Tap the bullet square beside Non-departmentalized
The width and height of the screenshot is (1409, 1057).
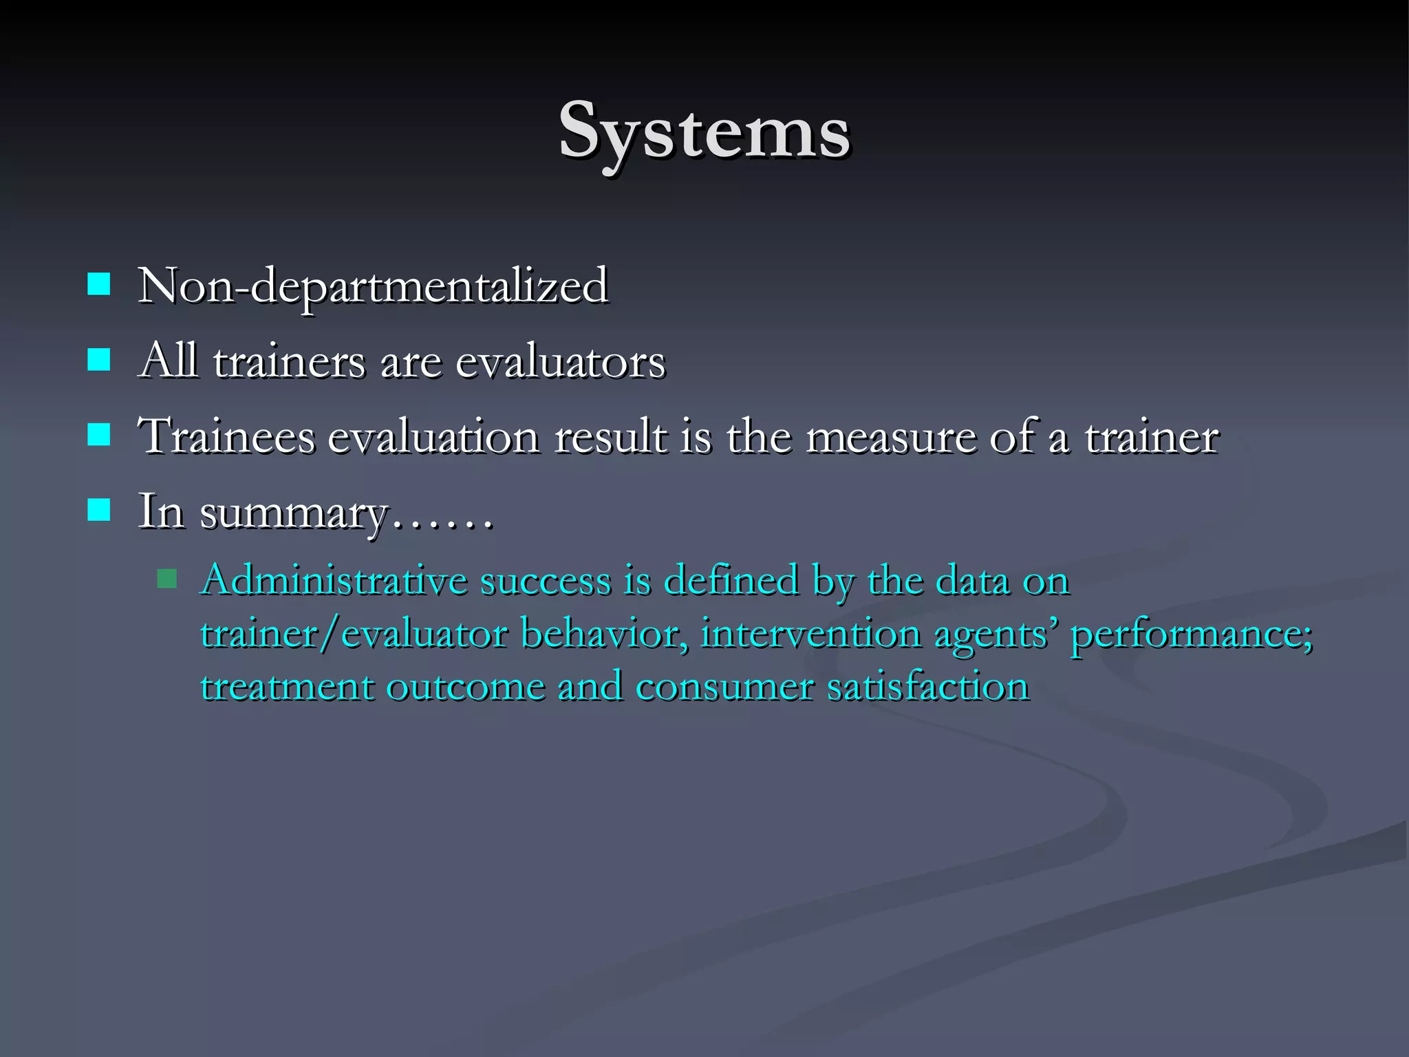(x=99, y=284)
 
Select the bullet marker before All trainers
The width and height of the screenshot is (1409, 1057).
(x=99, y=359)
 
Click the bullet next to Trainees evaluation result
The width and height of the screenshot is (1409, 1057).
(x=99, y=434)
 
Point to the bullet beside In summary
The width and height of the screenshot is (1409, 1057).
(x=99, y=509)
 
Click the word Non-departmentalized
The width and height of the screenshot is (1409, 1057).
(x=373, y=286)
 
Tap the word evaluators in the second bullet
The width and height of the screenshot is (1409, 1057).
(x=560, y=362)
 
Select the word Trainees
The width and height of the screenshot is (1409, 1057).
(x=226, y=436)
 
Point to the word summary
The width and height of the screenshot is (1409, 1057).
(x=294, y=513)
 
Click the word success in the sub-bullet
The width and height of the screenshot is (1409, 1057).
(x=545, y=580)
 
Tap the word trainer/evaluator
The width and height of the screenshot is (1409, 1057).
(x=354, y=633)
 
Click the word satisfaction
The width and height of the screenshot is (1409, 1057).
(x=927, y=687)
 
